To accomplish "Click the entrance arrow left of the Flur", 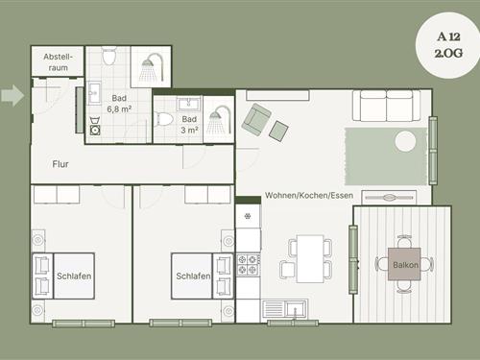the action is (12, 95).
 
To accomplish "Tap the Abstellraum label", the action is (59, 62).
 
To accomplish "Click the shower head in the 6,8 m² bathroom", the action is (152, 68).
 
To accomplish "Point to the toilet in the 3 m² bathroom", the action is (163, 119).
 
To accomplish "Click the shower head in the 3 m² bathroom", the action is (219, 119).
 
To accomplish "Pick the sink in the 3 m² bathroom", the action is (189, 104).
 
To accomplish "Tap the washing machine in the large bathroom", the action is (95, 130).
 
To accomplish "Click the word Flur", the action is (60, 164).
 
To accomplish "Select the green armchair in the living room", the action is (257, 119).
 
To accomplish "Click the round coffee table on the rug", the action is (405, 141).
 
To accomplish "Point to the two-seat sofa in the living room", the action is (386, 106).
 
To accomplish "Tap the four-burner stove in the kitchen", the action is (248, 265).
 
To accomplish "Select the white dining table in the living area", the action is (310, 258).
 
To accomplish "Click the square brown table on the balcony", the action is (404, 264).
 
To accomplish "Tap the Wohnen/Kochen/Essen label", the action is (309, 195).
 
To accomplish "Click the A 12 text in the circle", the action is (448, 36).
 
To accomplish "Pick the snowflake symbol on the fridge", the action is (248, 216).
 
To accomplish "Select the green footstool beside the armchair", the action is (278, 131).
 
